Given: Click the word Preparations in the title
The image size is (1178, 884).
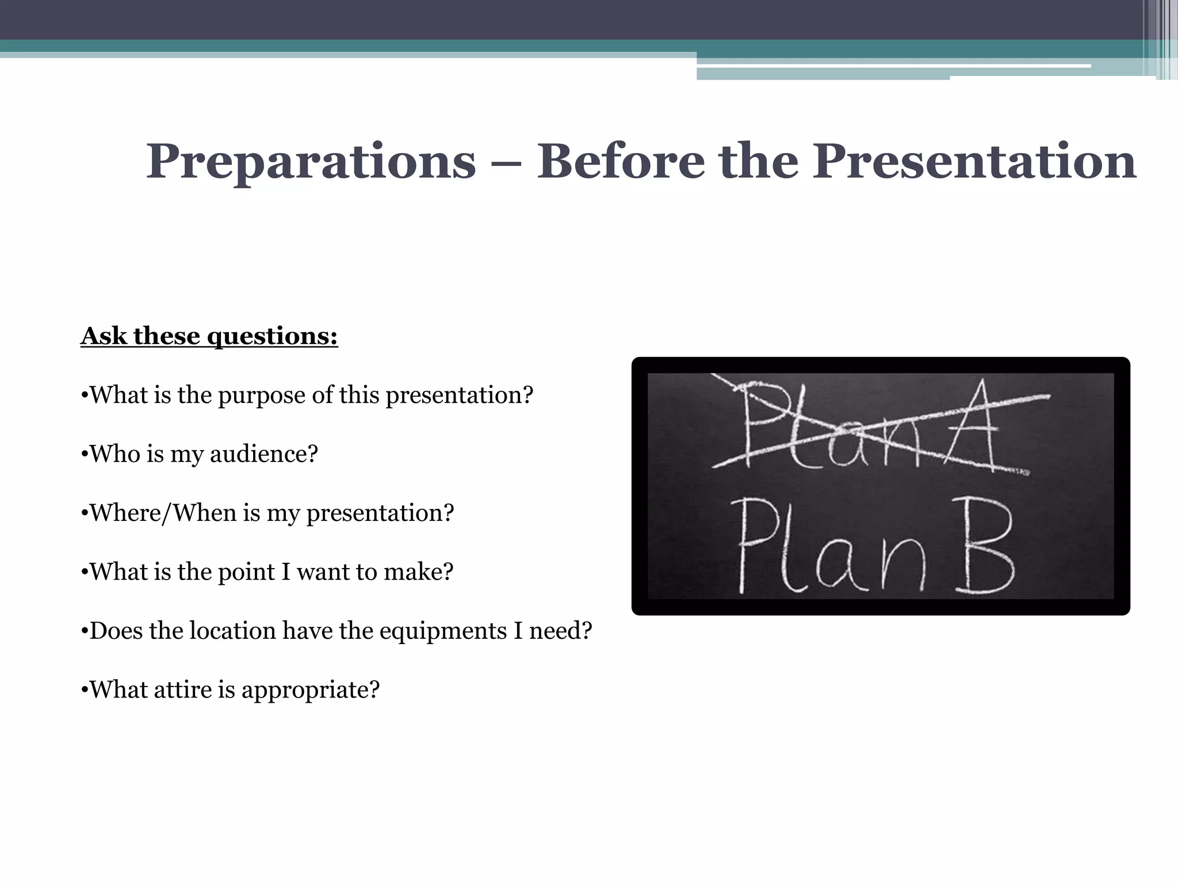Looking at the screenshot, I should coord(311,163).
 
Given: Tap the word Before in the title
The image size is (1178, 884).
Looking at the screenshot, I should coord(621,162).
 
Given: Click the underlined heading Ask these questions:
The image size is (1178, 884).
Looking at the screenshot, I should coord(209,336).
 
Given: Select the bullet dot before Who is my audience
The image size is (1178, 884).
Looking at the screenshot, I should coord(84,455).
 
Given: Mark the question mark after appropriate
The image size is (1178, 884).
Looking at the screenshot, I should coord(374,690).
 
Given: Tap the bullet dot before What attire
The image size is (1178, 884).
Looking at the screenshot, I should coord(84,691).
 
